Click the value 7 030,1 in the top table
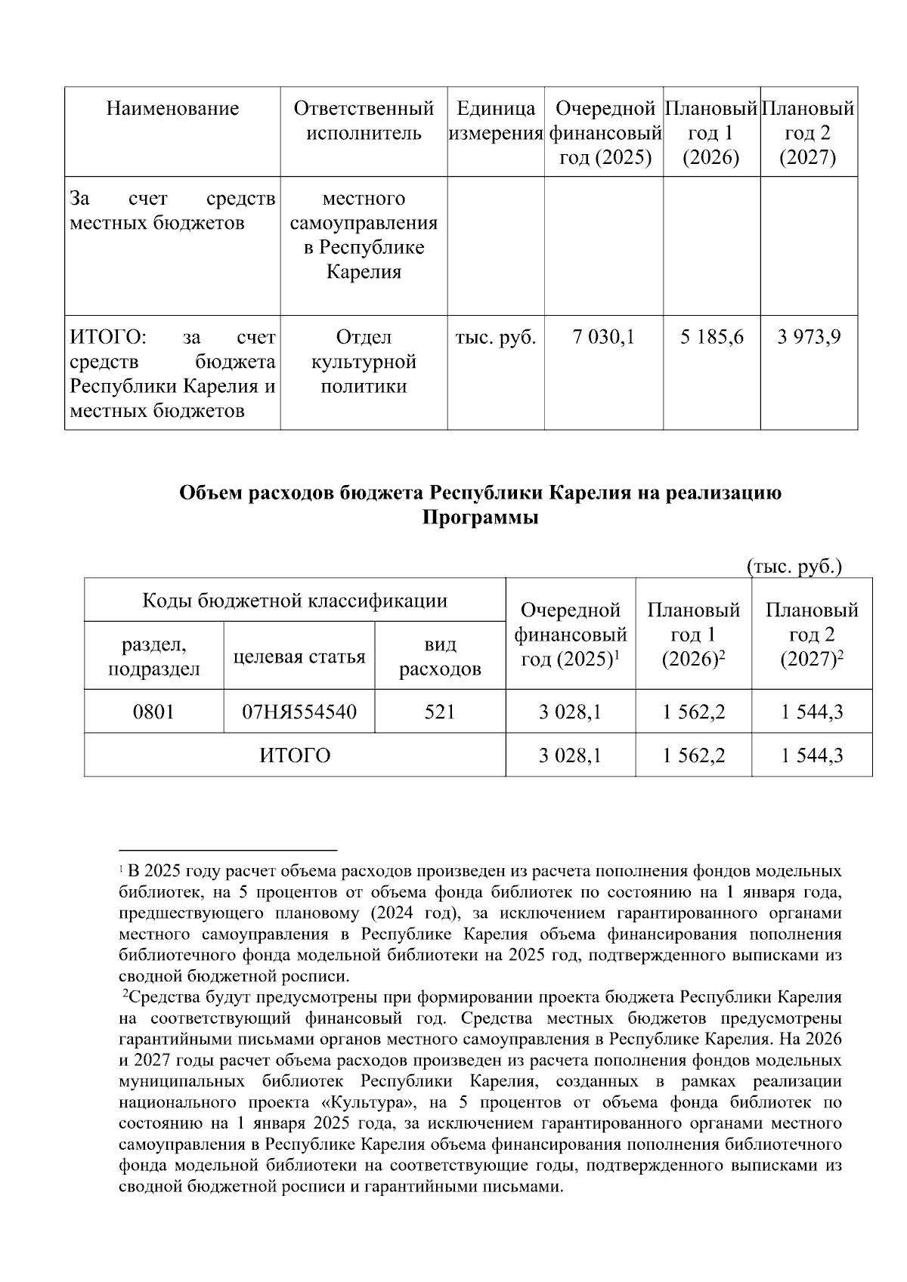coord(604,338)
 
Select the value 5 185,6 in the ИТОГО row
coord(711,338)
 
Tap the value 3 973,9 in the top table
coord(809,338)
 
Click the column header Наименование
coord(172,109)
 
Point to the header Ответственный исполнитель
coord(364,121)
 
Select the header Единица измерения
coord(496,121)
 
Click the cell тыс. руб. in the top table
coord(496,338)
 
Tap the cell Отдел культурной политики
coord(364,362)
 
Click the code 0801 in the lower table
coord(153,711)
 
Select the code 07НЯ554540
coord(299,711)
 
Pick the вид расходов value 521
coord(440,711)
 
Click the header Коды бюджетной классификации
coord(295,601)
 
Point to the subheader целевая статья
coord(299,656)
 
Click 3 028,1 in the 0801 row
coord(570,711)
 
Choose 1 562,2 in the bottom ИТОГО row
coord(693,755)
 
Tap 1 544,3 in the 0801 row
coord(812,711)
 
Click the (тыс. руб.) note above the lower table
coord(794,567)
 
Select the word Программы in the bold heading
coord(480,518)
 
